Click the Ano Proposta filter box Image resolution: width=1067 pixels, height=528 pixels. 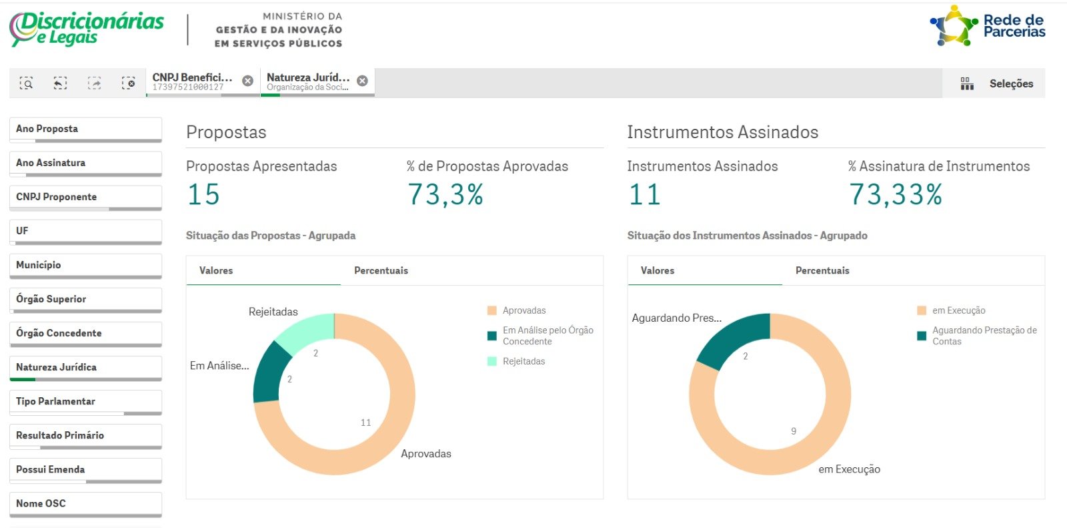tap(86, 129)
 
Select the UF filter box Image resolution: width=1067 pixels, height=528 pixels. tap(86, 232)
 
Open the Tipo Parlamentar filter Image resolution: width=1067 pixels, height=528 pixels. tap(86, 402)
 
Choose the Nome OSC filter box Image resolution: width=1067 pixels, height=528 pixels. tap(86, 504)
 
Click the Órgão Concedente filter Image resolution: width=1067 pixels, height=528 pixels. tap(86, 334)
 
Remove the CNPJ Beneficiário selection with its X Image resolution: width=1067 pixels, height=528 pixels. tap(247, 81)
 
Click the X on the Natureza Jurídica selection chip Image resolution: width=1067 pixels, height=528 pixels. tap(363, 81)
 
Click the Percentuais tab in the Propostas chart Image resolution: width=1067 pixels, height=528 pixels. tap(381, 270)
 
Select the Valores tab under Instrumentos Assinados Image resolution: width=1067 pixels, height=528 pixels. tap(658, 270)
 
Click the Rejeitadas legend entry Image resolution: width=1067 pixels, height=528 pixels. tap(516, 361)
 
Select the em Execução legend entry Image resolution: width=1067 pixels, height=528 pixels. tap(951, 310)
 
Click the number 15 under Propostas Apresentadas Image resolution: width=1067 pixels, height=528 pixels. tap(203, 195)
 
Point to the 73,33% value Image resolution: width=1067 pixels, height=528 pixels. tap(896, 195)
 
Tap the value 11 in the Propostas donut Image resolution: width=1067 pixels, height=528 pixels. tap(366, 423)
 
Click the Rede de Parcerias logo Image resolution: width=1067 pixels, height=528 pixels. tap(988, 26)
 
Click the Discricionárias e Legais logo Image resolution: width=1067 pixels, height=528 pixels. tap(87, 29)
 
